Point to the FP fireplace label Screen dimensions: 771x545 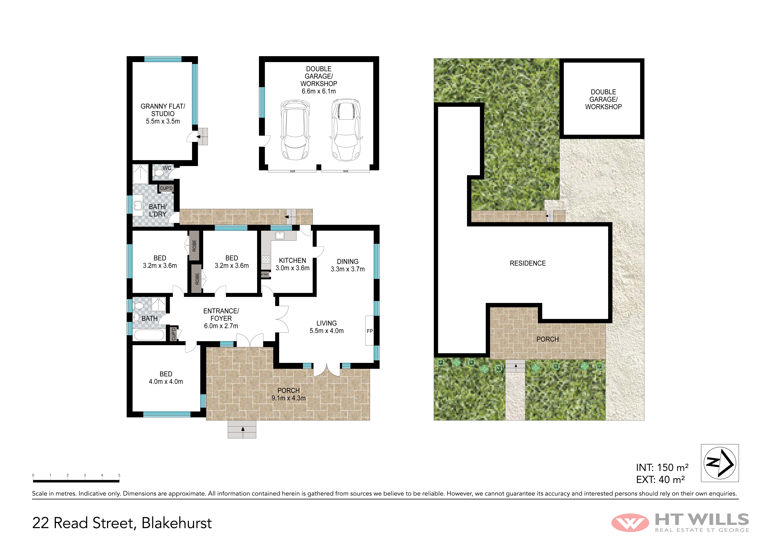(x=370, y=331)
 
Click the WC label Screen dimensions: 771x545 (x=167, y=168)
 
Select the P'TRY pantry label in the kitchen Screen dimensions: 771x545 (x=265, y=275)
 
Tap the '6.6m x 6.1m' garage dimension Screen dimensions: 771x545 (x=319, y=91)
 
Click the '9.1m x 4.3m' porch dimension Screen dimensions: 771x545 (x=288, y=398)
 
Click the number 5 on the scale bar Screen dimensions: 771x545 (x=119, y=475)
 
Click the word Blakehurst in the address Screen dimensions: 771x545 (x=177, y=523)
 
